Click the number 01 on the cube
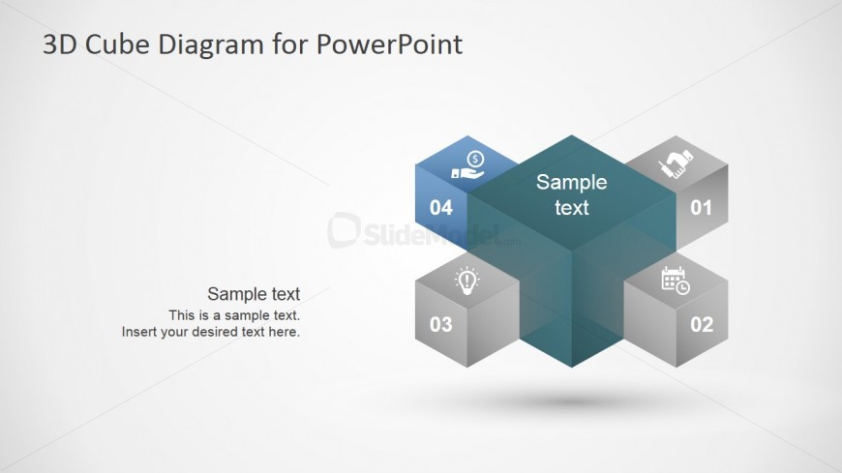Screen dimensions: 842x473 (x=701, y=208)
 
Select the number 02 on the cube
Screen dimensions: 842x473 (x=702, y=324)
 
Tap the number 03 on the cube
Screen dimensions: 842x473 (x=441, y=324)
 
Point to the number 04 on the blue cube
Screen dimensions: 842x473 (x=441, y=208)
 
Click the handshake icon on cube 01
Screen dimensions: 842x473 (x=676, y=163)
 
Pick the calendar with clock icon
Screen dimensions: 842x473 (x=676, y=281)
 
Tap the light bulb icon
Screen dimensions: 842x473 (x=466, y=281)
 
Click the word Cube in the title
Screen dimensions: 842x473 (x=116, y=44)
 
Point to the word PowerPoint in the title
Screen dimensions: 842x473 (x=389, y=44)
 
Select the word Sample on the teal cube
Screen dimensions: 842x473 (x=571, y=183)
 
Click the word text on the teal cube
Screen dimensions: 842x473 (x=571, y=208)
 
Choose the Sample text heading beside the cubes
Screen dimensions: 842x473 (x=254, y=294)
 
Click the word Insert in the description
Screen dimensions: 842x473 (x=138, y=332)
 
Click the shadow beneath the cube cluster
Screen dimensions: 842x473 (x=571, y=400)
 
